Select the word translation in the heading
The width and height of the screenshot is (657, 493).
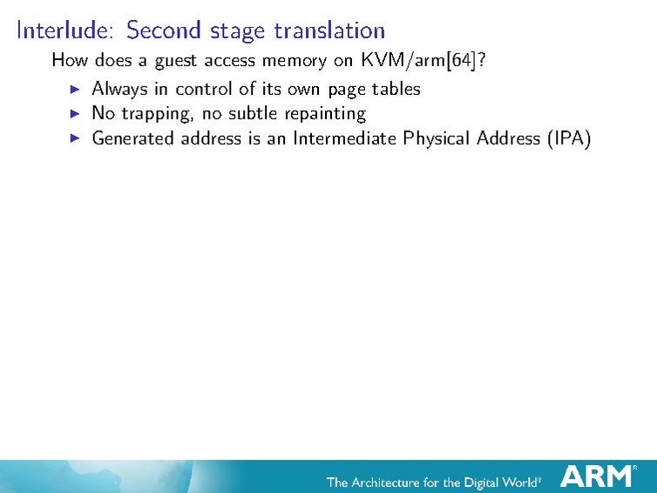329,30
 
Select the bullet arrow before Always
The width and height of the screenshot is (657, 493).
74,88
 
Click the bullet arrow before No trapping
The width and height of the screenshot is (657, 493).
74,113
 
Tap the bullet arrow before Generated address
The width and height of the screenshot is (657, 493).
74,138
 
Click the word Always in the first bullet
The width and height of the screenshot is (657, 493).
119,89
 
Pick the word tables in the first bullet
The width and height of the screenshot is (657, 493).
396,88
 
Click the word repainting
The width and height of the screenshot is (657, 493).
325,114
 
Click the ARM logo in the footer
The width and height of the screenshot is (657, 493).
598,476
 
